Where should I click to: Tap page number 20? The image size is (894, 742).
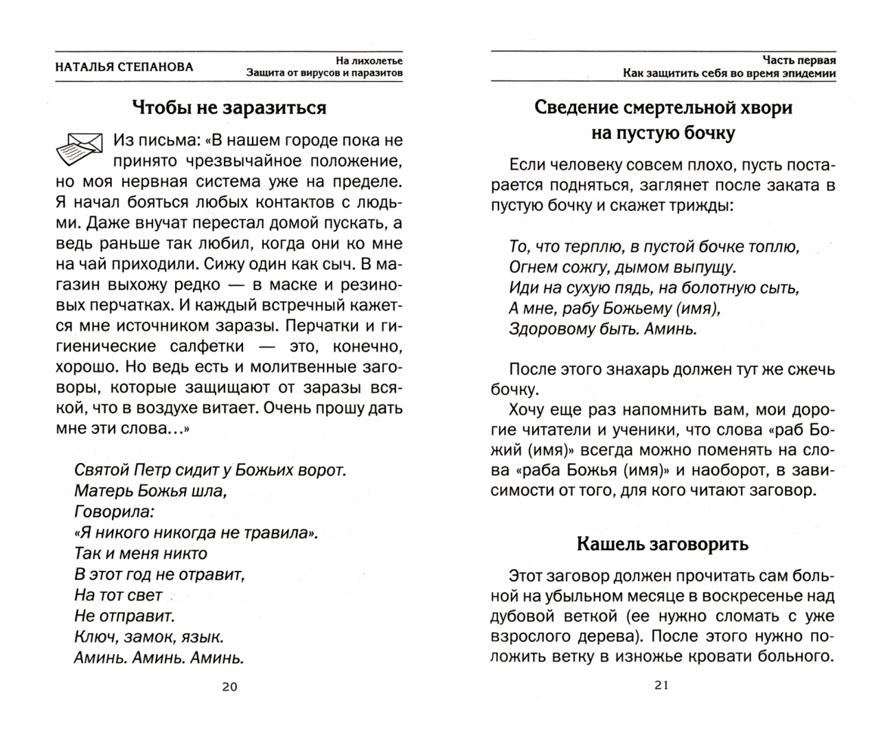coord(229,686)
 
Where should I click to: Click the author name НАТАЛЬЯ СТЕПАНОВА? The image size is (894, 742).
coord(124,67)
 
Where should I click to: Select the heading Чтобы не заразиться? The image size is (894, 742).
coord(229,108)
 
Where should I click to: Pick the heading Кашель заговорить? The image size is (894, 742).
coord(663,544)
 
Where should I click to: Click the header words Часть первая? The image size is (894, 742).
coord(799,60)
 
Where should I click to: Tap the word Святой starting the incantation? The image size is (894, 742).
coord(101,471)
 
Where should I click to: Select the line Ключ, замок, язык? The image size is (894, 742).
coord(149,636)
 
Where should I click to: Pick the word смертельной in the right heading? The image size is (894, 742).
coord(678,108)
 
